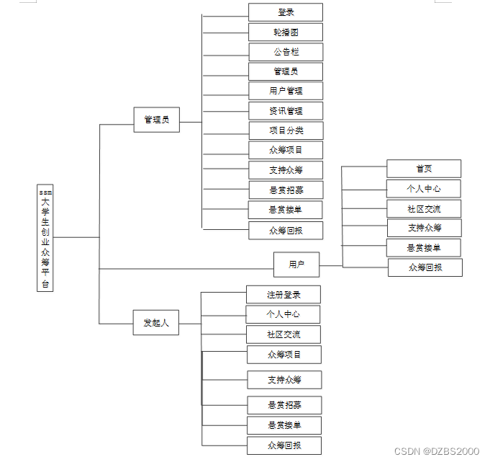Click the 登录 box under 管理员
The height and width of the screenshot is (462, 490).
(x=286, y=12)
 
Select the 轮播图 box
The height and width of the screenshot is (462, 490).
(x=286, y=32)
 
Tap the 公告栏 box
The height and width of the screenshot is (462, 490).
(x=286, y=52)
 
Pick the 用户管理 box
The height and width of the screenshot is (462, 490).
(x=286, y=91)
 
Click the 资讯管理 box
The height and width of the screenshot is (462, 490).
(x=286, y=111)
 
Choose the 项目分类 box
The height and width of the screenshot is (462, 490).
(x=286, y=130)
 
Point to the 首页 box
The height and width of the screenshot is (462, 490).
(x=424, y=169)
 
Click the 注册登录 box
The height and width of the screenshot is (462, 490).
(x=283, y=295)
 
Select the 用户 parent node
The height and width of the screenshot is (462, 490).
(x=296, y=265)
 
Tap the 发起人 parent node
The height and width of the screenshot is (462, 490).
(x=156, y=323)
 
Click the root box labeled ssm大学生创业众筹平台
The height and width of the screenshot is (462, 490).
(x=45, y=239)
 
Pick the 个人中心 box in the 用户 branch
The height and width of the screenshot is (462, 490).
(x=424, y=189)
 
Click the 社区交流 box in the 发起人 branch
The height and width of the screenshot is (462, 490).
(x=283, y=334)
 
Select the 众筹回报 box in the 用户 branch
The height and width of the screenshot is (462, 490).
(x=425, y=267)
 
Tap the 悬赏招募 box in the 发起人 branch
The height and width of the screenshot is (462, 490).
(x=284, y=405)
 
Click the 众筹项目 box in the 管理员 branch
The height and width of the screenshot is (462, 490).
(x=286, y=150)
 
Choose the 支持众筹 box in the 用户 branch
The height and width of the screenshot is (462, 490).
(x=425, y=228)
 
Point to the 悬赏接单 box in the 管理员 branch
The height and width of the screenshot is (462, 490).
(x=286, y=210)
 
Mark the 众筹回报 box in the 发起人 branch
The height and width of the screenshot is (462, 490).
(x=284, y=445)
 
